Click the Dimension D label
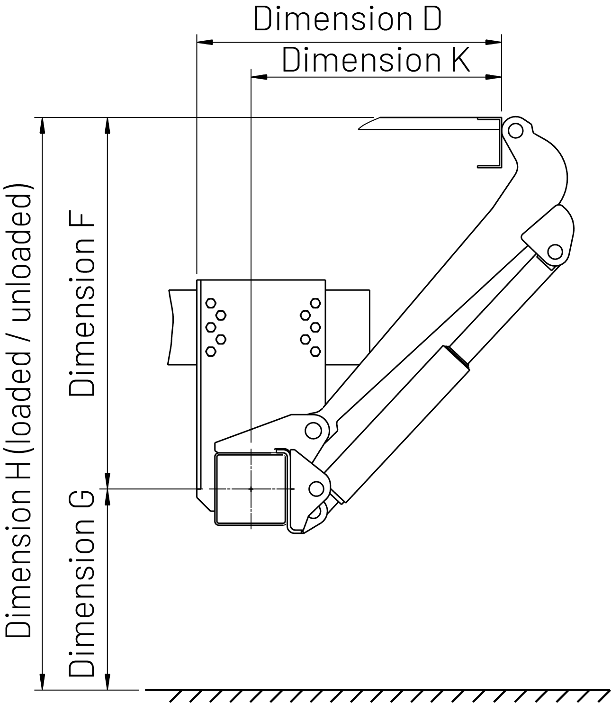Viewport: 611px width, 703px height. pyautogui.click(x=347, y=19)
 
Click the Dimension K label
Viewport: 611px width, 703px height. pyautogui.click(x=376, y=60)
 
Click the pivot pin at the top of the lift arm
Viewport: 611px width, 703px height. pyautogui.click(x=514, y=129)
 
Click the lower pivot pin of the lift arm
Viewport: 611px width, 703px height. pyautogui.click(x=312, y=430)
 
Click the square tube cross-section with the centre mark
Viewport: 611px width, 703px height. pyautogui.click(x=251, y=488)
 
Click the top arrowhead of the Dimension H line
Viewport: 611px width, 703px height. pyautogui.click(x=43, y=124)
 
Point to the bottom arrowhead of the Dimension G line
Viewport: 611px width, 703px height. pyautogui.click(x=108, y=682)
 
